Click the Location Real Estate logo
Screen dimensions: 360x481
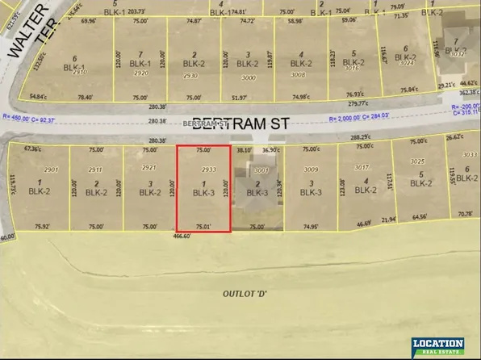pyautogui.click(x=439, y=346)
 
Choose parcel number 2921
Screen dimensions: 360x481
pyautogui.click(x=148, y=168)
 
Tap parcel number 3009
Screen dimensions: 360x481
pyautogui.click(x=310, y=170)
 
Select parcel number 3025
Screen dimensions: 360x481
pyautogui.click(x=416, y=162)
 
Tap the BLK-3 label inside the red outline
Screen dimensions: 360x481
pyautogui.click(x=204, y=193)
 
